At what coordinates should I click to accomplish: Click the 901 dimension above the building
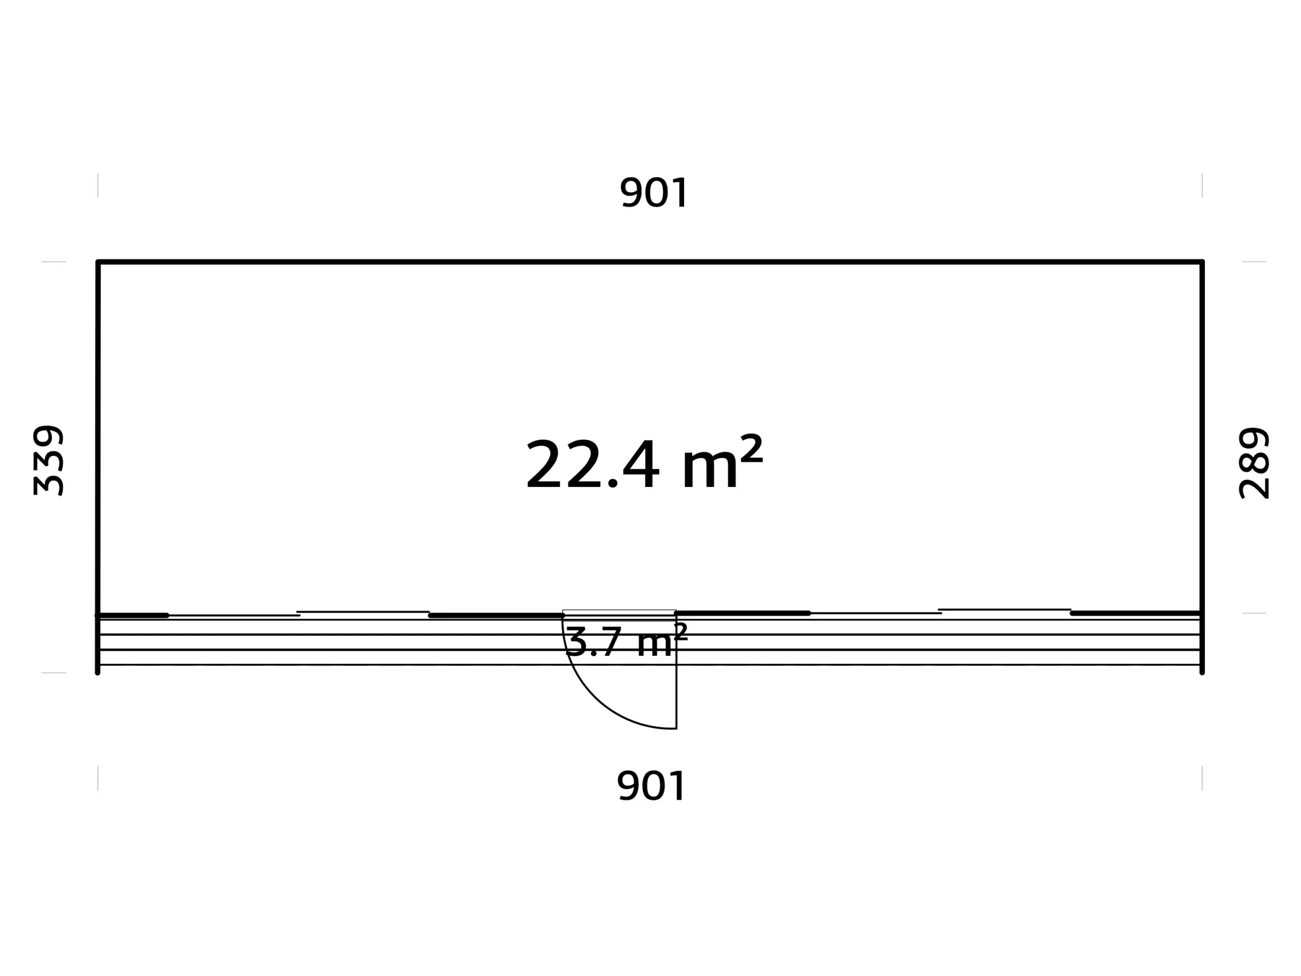pos(654,192)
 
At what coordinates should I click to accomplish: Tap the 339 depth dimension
pos(48,461)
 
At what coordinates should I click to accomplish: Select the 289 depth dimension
pos(1254,463)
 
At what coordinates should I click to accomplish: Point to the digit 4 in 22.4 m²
pos(641,464)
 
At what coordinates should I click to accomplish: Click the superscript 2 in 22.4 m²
pos(751,448)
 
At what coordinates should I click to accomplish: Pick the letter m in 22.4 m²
pos(709,470)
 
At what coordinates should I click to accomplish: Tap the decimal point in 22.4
pos(612,482)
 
